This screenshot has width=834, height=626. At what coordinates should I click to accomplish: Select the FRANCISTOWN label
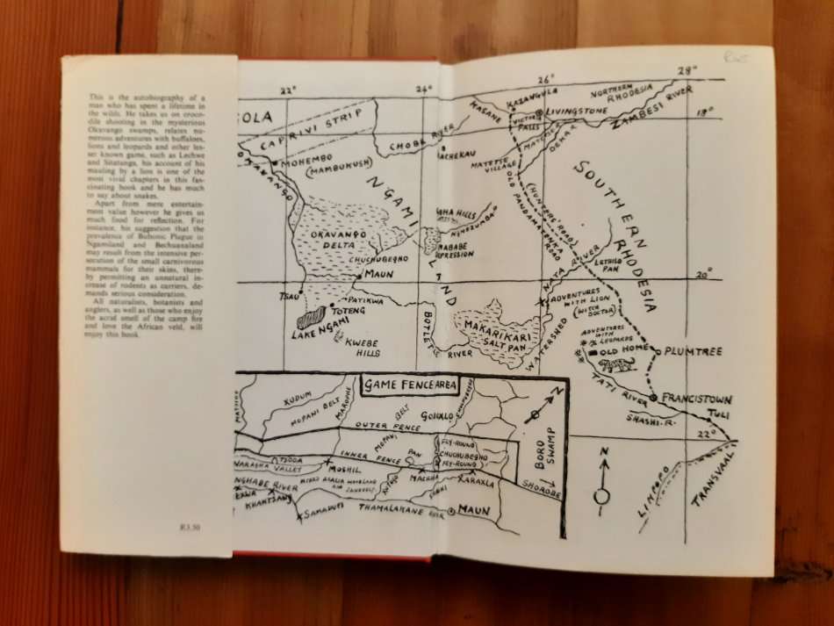click(696, 396)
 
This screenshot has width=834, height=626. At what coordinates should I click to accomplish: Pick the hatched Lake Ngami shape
click(313, 317)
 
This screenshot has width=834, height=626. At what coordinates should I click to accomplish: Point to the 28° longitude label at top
click(686, 70)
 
